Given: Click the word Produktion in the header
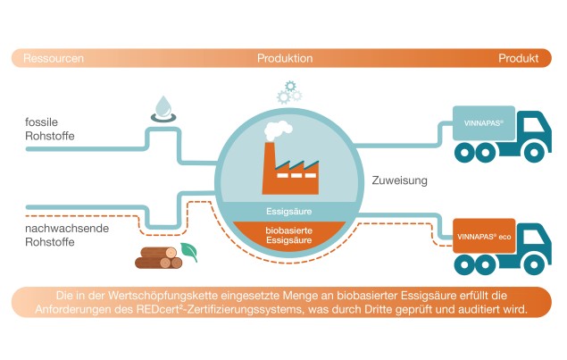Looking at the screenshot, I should click(285, 59).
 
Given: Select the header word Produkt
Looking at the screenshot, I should click(520, 59).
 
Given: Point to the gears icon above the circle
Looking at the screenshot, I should click(288, 90).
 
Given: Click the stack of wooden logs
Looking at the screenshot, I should click(157, 257).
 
